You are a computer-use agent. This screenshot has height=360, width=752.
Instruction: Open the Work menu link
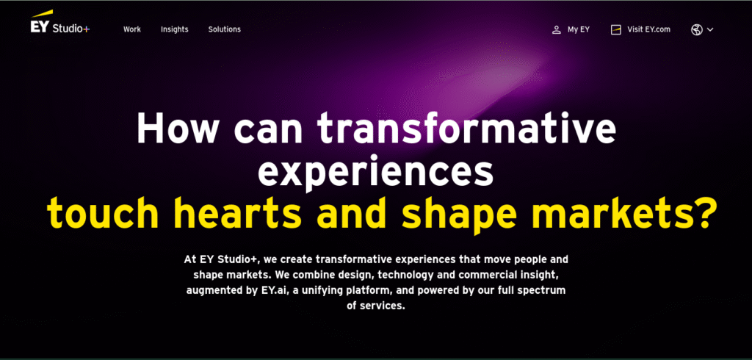[132, 29]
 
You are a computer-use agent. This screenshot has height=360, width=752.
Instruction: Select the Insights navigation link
[175, 29]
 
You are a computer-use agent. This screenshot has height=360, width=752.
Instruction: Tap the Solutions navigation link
[225, 29]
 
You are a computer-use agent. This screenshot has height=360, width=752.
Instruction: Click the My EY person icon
[557, 30]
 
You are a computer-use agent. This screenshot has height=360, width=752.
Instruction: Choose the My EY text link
[579, 29]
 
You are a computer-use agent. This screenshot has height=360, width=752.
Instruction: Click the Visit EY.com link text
[649, 29]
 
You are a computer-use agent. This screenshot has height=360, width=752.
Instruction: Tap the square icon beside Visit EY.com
[616, 30]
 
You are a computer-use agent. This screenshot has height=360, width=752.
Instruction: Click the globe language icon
[697, 30]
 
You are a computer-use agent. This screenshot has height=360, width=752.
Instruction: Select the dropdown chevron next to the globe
[710, 30]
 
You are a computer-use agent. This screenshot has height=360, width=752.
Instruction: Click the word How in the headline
[178, 128]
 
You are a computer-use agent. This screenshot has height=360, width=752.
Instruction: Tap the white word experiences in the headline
[375, 171]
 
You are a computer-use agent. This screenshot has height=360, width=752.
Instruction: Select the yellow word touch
[103, 214]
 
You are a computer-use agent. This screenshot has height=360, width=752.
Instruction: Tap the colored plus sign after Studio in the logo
[86, 29]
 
